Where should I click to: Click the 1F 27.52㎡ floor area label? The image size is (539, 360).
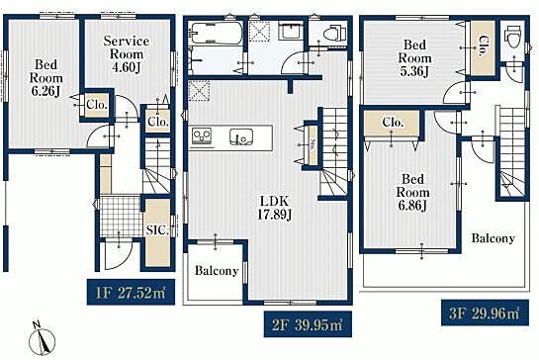131,293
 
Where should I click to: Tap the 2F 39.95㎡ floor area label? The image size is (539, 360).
308,324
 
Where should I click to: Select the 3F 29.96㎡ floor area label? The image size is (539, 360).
485,313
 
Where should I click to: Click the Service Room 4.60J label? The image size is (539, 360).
127,54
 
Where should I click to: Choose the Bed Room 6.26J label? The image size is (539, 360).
46,78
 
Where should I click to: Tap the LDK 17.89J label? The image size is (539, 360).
275,208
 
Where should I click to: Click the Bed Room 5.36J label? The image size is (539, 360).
414,57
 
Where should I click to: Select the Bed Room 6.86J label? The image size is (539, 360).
412,192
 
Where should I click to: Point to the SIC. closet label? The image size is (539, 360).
157,230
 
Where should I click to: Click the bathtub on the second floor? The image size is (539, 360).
216,34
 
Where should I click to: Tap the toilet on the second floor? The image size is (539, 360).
335,33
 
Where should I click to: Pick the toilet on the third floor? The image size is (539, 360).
513,36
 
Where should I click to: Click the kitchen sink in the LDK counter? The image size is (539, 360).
241,136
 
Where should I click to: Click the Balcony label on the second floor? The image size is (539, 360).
217,271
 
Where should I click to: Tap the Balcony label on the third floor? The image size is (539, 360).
493,238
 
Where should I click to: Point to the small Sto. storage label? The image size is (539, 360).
313,144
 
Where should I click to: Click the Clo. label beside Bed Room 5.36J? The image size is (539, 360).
484,46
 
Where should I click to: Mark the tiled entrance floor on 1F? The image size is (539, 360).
121,216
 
